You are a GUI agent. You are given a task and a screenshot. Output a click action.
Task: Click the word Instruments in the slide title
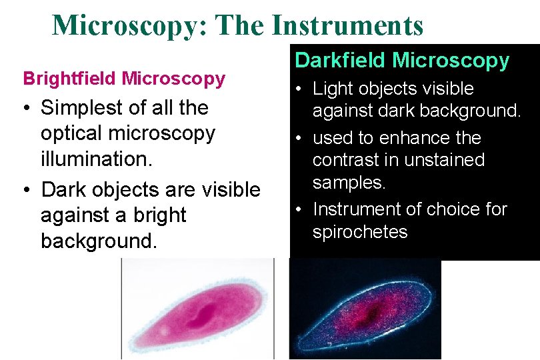347,25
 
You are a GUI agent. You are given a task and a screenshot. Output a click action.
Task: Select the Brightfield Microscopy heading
124,79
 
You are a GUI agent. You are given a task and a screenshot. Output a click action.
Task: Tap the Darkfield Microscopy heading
401,61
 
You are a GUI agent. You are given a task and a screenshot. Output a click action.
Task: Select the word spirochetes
359,232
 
